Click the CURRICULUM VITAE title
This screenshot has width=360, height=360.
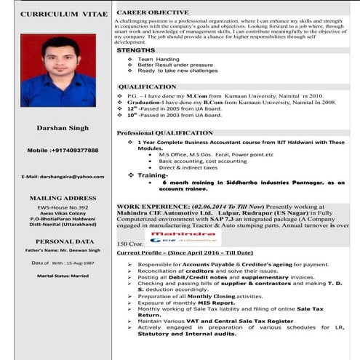click(54, 15)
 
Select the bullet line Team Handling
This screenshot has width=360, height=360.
click(158, 59)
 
